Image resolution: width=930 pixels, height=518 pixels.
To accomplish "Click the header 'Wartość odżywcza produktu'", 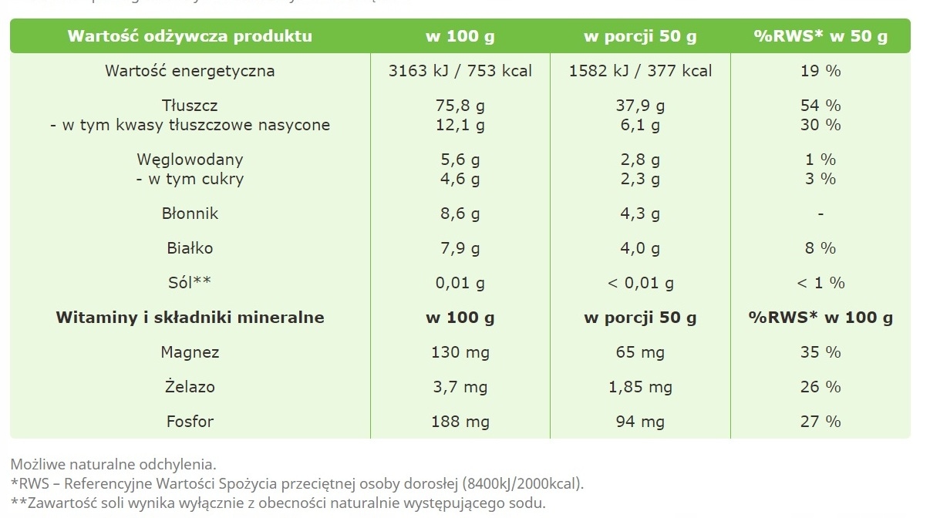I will pos(190,36).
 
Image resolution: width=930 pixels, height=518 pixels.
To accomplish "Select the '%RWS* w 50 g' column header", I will pos(820,36).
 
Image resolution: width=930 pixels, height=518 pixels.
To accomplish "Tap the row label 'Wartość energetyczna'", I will pos(190,71).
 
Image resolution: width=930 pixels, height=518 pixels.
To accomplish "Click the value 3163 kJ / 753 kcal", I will pos(460,71).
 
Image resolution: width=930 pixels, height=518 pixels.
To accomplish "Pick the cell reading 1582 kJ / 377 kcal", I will pos(640,71).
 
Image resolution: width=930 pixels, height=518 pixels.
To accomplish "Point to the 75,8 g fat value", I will pos(460,106).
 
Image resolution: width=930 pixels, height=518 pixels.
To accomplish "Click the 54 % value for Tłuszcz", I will pos(820,106).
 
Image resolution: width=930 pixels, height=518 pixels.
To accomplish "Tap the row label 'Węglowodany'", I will pos(190,160).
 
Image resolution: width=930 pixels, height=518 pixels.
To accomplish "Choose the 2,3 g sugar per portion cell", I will pos(640,179).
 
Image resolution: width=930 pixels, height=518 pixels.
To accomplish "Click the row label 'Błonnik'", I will pos(190,214).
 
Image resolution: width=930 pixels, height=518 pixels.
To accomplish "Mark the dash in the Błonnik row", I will pos(820,214).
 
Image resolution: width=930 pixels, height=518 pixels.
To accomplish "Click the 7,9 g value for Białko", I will pos(460,248).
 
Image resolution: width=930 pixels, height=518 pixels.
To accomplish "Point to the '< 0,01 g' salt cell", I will pos(640,283).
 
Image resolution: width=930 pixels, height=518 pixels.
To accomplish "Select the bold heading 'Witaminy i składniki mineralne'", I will pos(190,318).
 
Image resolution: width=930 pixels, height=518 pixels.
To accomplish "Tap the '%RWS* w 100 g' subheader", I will pos(820,318).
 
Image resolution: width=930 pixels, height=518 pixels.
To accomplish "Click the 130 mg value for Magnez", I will pos(460,352).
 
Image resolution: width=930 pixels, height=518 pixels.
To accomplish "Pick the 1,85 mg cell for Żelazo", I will pos(640,387).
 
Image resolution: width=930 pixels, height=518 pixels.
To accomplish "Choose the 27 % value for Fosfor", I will pos(820,422).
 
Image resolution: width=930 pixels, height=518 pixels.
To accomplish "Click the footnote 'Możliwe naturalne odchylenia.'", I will pos(114,465).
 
